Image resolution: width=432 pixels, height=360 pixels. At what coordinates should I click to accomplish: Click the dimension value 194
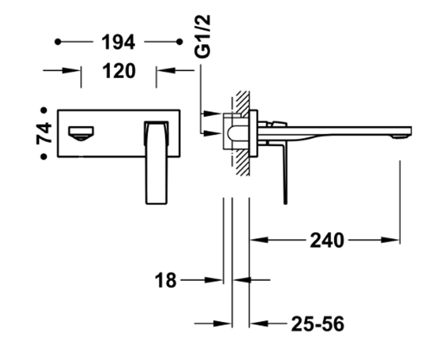[118, 42]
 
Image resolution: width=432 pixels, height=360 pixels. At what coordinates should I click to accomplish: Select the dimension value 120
[119, 71]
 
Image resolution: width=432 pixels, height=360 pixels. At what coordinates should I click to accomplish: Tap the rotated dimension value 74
[44, 133]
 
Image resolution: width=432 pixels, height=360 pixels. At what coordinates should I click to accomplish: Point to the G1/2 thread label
[203, 36]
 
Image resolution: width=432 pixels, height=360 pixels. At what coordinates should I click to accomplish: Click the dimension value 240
[327, 240]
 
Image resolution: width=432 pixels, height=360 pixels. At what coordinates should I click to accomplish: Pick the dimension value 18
[166, 280]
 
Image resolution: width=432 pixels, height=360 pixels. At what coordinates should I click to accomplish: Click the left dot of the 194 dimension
[58, 42]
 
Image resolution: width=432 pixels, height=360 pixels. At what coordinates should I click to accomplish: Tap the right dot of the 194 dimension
[180, 42]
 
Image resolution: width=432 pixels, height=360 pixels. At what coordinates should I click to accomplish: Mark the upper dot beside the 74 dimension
[44, 110]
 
